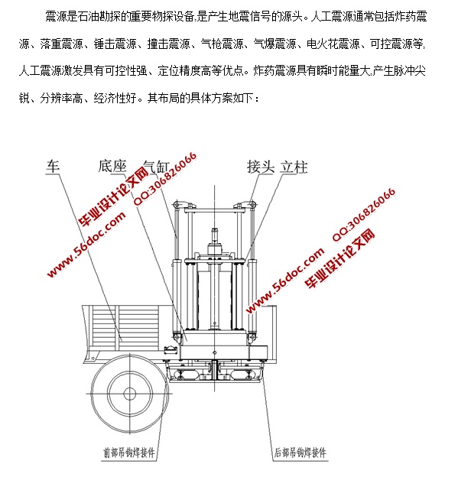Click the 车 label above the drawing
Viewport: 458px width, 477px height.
(53, 166)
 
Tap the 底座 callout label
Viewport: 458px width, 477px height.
(112, 166)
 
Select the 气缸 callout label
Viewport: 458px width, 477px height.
(156, 167)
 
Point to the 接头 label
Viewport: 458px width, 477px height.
(261, 167)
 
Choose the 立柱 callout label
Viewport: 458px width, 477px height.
(294, 167)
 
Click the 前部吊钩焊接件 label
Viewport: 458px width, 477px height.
(129, 453)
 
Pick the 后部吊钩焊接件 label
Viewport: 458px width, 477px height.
(300, 453)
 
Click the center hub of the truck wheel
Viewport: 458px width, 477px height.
(130, 394)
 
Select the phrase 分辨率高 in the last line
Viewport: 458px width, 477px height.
(61, 99)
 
